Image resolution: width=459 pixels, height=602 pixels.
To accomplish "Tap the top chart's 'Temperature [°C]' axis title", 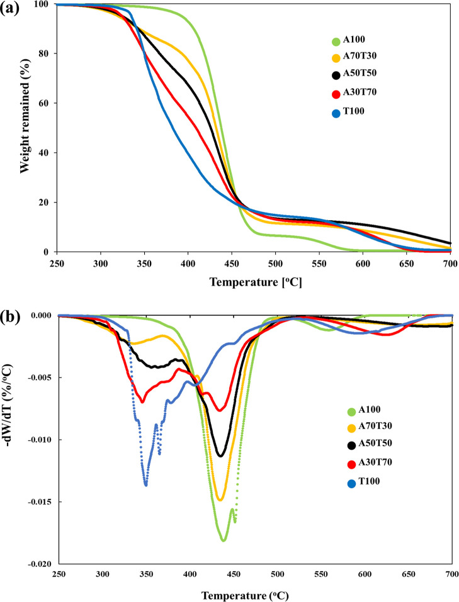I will pos(255,282).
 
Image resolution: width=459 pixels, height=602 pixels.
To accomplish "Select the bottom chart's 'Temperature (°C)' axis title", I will pos(255,593).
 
